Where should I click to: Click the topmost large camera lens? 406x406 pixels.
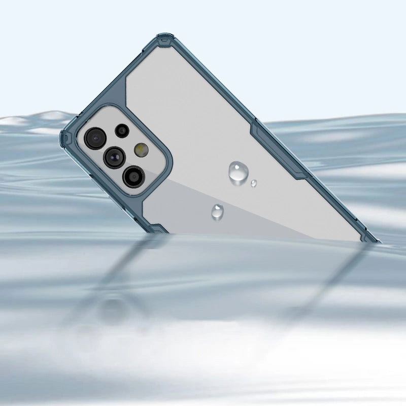[95, 138]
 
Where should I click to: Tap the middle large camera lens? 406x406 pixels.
[114, 157]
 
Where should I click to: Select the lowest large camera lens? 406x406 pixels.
[133, 176]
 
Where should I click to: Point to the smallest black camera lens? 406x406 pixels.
[122, 130]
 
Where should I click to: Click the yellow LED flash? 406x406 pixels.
[141, 149]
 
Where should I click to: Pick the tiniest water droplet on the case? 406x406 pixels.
[254, 183]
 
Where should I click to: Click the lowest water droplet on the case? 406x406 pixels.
[218, 211]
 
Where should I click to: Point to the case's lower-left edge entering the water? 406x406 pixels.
[157, 228]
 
